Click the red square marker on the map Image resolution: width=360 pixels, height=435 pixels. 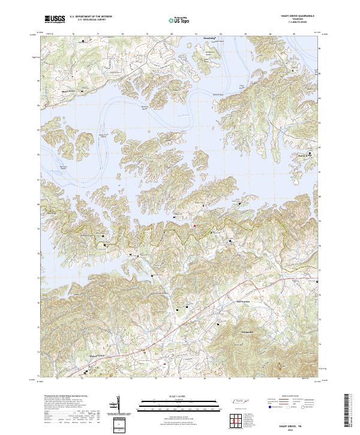[194, 226]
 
